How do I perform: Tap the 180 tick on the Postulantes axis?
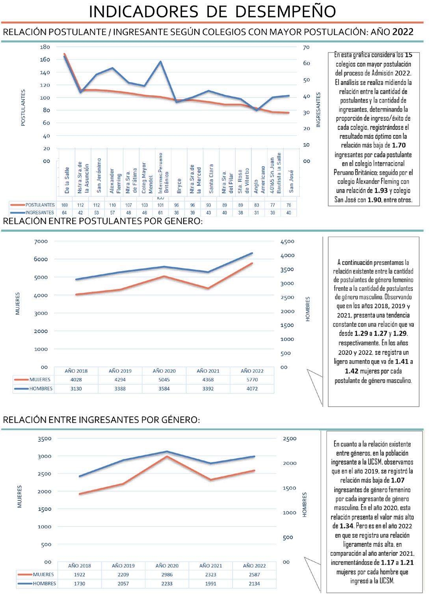(45, 47)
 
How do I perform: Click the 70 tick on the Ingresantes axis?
(306, 47)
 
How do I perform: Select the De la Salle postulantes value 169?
(65, 205)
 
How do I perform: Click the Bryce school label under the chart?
(179, 186)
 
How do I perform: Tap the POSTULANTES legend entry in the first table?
(40, 205)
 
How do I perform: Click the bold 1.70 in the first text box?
(398, 145)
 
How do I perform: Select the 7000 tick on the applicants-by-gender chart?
(41, 242)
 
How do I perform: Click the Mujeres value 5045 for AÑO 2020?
(164, 380)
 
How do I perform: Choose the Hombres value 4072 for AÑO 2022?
(252, 389)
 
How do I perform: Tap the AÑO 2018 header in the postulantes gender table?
(76, 371)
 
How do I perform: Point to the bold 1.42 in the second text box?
(352, 371)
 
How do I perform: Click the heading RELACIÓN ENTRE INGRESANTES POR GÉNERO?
(101, 420)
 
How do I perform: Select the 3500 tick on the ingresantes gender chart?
(45, 438)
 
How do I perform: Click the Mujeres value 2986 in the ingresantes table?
(167, 575)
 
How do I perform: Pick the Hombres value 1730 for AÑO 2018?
(79, 584)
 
